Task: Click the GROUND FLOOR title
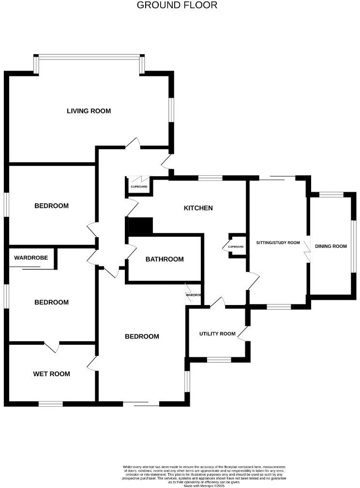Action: [x=177, y=5]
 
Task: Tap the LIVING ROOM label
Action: [x=89, y=111]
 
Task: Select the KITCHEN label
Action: [x=198, y=208]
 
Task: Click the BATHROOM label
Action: [x=165, y=259]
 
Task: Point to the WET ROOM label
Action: [x=51, y=374]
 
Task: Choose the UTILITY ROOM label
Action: [x=217, y=334]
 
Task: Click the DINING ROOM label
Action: [x=331, y=246]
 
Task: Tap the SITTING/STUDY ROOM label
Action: [x=278, y=243]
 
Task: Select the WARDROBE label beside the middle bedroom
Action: [x=31, y=258]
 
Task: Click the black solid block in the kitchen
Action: [x=140, y=226]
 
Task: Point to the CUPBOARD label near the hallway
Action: [x=139, y=186]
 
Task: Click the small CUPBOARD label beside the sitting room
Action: [x=236, y=247]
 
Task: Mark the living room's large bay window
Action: [x=90, y=57]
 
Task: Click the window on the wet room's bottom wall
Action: [x=51, y=404]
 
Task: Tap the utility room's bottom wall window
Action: [x=219, y=360]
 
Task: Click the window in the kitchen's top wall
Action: [x=210, y=178]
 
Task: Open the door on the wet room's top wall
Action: [x=51, y=345]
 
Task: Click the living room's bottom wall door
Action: [x=133, y=144]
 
